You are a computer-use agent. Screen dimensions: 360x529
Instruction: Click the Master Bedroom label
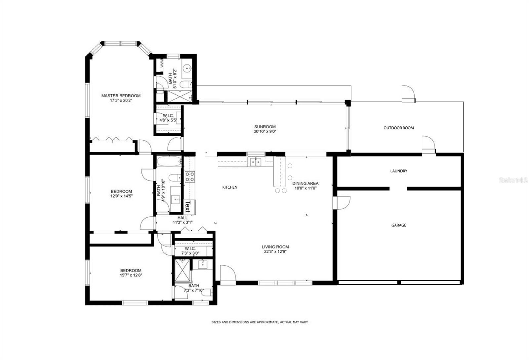[x=121, y=96]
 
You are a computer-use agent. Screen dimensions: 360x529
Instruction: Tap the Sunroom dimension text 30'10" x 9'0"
[x=264, y=131]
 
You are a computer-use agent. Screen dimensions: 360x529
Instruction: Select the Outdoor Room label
[x=398, y=128]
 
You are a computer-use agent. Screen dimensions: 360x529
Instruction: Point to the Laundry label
[x=398, y=171]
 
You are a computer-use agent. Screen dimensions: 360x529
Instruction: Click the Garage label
[x=398, y=225]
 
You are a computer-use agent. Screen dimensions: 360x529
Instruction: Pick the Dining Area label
[x=305, y=183]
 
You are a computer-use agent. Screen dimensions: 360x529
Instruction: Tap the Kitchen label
[x=229, y=187]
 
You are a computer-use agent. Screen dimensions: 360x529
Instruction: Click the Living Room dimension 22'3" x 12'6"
[x=275, y=251]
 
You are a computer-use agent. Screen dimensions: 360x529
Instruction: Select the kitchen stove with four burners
[x=189, y=176]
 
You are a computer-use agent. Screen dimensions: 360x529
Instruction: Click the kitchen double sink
[x=255, y=162]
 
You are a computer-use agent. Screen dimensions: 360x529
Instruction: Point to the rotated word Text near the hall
[x=187, y=207]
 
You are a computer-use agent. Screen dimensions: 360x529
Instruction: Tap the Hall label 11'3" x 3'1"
[x=182, y=220]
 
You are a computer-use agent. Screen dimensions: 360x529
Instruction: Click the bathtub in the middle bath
[x=169, y=162]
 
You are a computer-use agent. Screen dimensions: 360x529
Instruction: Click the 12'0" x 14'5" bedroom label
[x=121, y=194]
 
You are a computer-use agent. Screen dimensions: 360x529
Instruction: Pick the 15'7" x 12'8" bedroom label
[x=131, y=273]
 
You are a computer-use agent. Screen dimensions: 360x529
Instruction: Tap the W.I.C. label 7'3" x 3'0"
[x=190, y=251]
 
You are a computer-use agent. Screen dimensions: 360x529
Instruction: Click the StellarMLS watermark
[x=513, y=180]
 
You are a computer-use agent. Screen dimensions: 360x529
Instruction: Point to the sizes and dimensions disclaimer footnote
[x=260, y=322]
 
